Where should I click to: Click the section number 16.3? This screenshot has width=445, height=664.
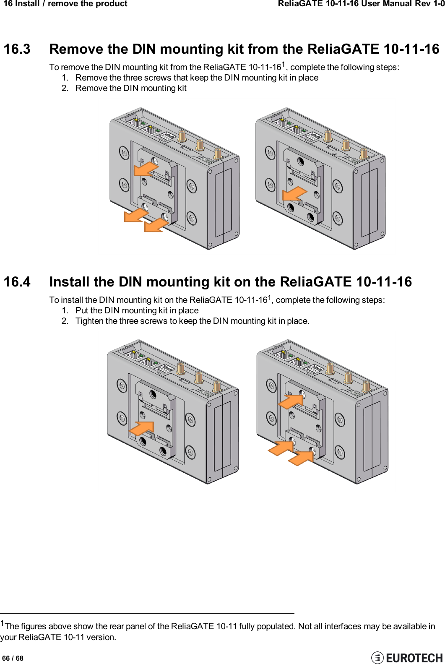tap(17, 49)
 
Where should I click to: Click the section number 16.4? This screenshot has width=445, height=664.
tap(17, 282)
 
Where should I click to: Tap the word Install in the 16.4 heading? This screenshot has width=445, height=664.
tap(69, 282)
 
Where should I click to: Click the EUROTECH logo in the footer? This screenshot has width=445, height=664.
tap(407, 657)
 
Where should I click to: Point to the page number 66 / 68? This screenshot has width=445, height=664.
tap(13, 658)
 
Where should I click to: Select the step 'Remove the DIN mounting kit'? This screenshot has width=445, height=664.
tap(130, 89)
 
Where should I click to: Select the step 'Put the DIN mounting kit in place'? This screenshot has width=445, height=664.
tap(137, 311)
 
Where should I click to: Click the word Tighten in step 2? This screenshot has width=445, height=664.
tap(89, 321)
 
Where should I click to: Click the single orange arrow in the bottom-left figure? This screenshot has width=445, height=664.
tap(142, 428)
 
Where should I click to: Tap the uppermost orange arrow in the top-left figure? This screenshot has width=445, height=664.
tap(146, 169)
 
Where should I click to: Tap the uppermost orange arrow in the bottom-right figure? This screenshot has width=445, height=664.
tap(291, 401)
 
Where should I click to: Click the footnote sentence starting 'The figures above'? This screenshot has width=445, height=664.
tap(218, 626)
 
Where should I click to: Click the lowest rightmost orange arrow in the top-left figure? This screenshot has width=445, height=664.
tap(156, 224)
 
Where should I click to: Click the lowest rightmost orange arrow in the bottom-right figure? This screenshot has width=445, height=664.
tap(300, 458)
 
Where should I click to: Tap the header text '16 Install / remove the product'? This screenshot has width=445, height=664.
tap(65, 4)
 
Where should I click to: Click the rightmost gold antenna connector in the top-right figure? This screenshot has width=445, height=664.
tap(364, 153)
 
